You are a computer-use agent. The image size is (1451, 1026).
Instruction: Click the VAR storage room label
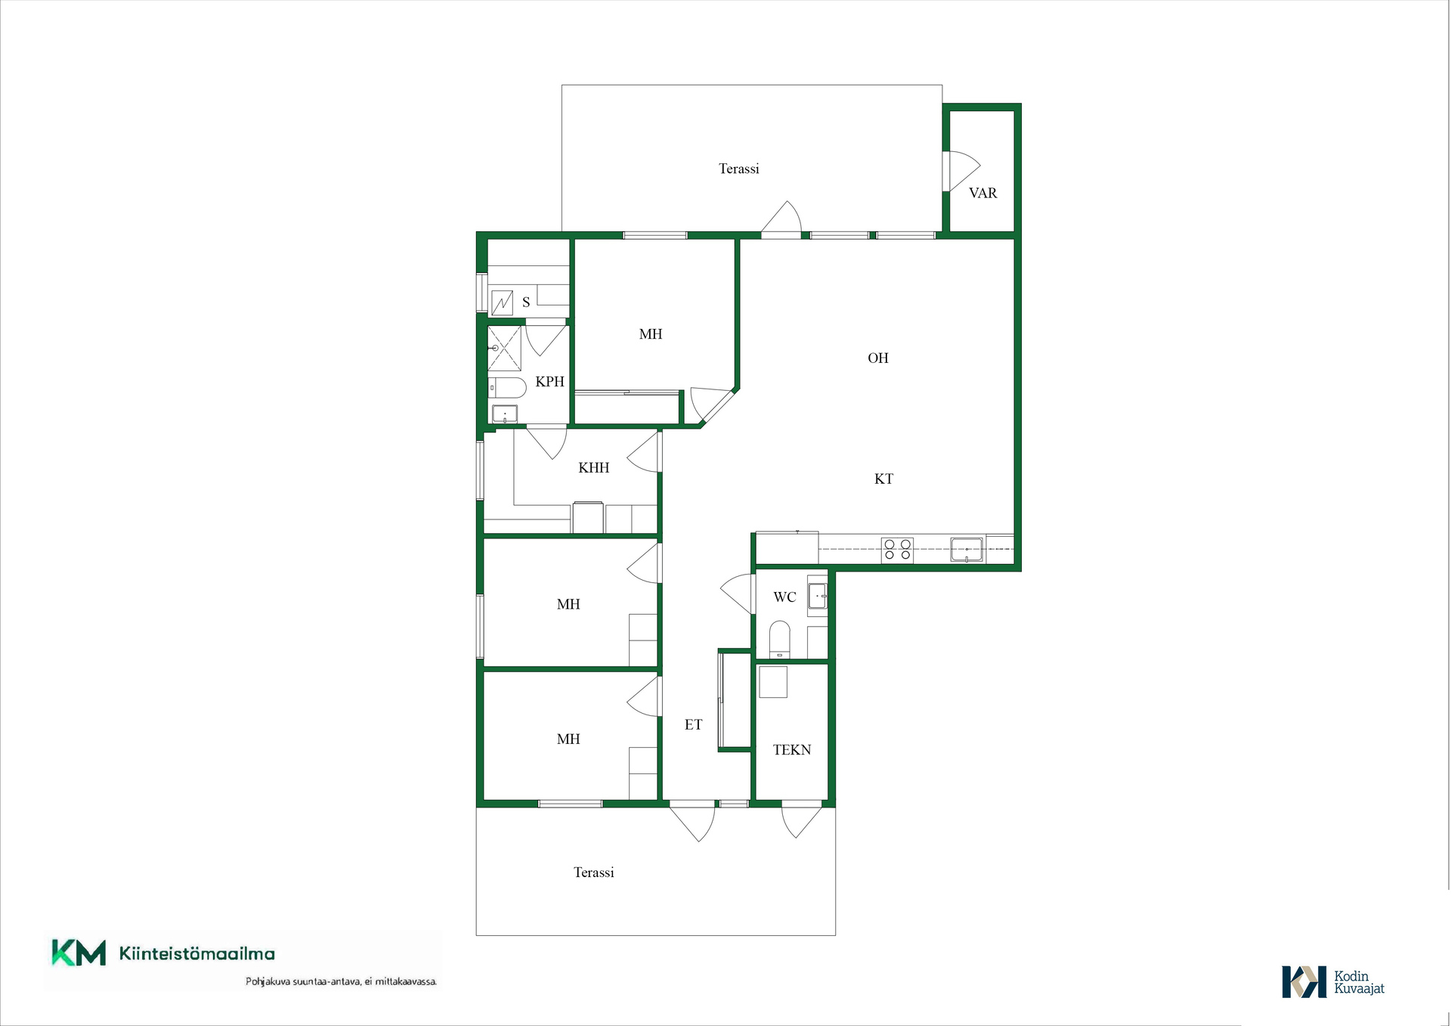click(982, 193)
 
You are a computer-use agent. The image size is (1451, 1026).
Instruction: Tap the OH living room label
click(877, 358)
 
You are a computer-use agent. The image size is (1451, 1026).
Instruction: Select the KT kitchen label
click(883, 479)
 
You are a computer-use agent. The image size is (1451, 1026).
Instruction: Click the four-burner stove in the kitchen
click(897, 550)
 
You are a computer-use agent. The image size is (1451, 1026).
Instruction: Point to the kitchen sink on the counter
click(967, 550)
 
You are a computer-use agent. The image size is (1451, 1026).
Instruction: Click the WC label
click(784, 597)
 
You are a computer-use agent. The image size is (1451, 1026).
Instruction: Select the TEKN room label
click(791, 750)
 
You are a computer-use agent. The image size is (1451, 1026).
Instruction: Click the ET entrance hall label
click(693, 724)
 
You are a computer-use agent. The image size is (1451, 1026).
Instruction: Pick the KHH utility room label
click(593, 467)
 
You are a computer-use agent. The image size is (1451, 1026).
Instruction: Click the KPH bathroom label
click(549, 382)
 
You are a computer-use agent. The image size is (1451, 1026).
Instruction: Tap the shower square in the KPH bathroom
click(504, 348)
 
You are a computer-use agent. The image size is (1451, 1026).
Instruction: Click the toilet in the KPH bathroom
click(506, 388)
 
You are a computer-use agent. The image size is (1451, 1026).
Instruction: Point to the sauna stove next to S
click(502, 302)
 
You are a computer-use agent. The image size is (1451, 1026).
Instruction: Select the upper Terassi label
click(738, 169)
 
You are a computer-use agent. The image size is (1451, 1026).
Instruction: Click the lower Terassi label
click(593, 873)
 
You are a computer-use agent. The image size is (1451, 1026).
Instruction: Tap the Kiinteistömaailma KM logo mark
click(79, 953)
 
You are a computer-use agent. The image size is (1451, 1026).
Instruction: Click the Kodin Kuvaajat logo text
click(1359, 982)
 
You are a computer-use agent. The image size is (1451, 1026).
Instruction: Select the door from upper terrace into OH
click(781, 219)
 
